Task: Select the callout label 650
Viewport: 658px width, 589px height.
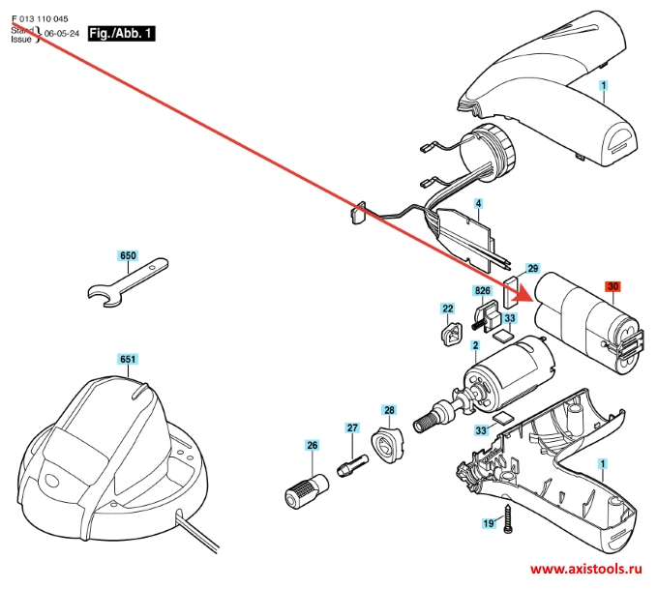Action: tap(128, 256)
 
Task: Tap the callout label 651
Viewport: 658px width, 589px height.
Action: tap(127, 359)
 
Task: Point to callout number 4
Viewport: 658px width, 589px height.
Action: tap(478, 205)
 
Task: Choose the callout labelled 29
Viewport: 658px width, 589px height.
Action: tap(532, 268)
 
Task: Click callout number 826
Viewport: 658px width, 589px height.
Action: tap(481, 290)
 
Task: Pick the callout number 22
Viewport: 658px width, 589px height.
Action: tap(448, 309)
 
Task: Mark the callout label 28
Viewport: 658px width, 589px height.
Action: tap(389, 410)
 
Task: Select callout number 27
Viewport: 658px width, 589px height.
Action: tap(352, 427)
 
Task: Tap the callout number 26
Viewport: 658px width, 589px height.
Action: tap(312, 446)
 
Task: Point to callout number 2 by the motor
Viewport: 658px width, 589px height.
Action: tap(475, 345)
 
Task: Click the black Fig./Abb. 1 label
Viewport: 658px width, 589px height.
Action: tap(120, 33)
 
